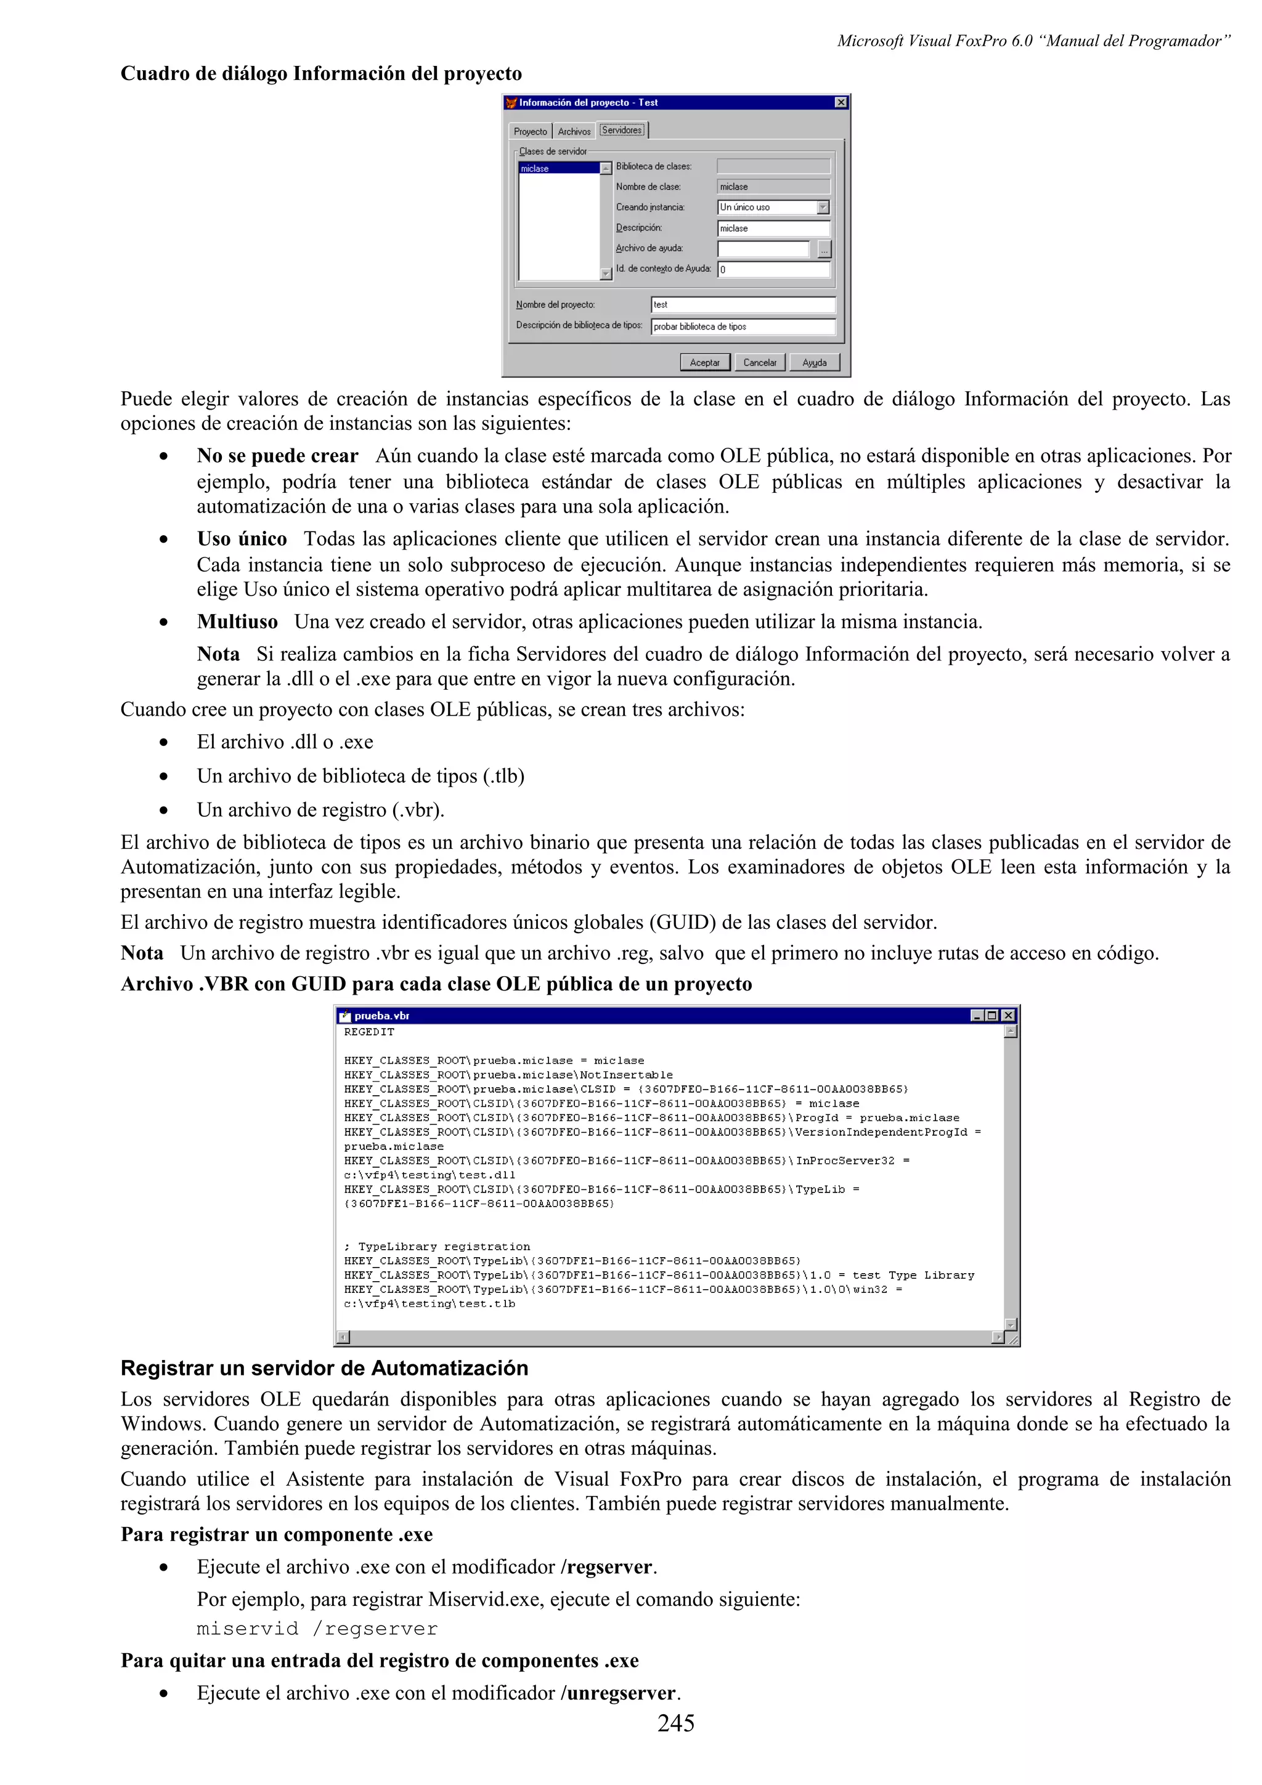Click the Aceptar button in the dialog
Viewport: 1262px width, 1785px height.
704,362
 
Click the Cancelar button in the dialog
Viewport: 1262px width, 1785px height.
759,362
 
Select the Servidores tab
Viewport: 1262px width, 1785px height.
622,130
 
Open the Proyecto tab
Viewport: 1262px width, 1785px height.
531,131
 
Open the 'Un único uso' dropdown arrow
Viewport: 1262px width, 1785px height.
823,208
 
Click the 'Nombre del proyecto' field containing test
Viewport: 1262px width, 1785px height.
743,305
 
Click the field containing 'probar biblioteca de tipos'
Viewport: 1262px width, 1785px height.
743,326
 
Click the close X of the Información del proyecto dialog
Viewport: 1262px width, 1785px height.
841,103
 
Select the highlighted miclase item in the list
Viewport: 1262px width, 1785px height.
558,168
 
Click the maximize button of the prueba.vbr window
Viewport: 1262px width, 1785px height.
992,1015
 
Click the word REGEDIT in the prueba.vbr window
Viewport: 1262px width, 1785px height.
369,1032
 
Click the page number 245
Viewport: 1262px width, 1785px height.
676,1723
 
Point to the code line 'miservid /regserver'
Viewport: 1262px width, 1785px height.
317,1629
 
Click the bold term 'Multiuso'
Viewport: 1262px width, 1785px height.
237,622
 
